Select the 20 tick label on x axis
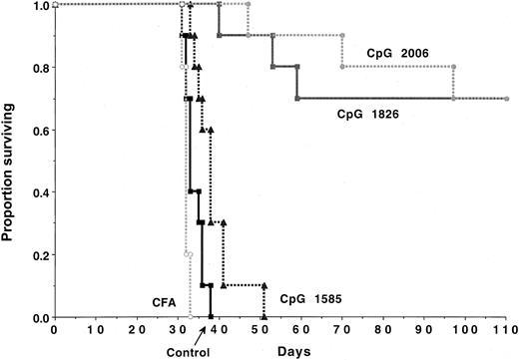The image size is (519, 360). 136,329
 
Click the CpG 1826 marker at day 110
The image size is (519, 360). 507,99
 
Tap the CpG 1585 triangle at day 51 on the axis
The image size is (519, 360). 263,317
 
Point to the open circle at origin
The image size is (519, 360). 54,5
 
